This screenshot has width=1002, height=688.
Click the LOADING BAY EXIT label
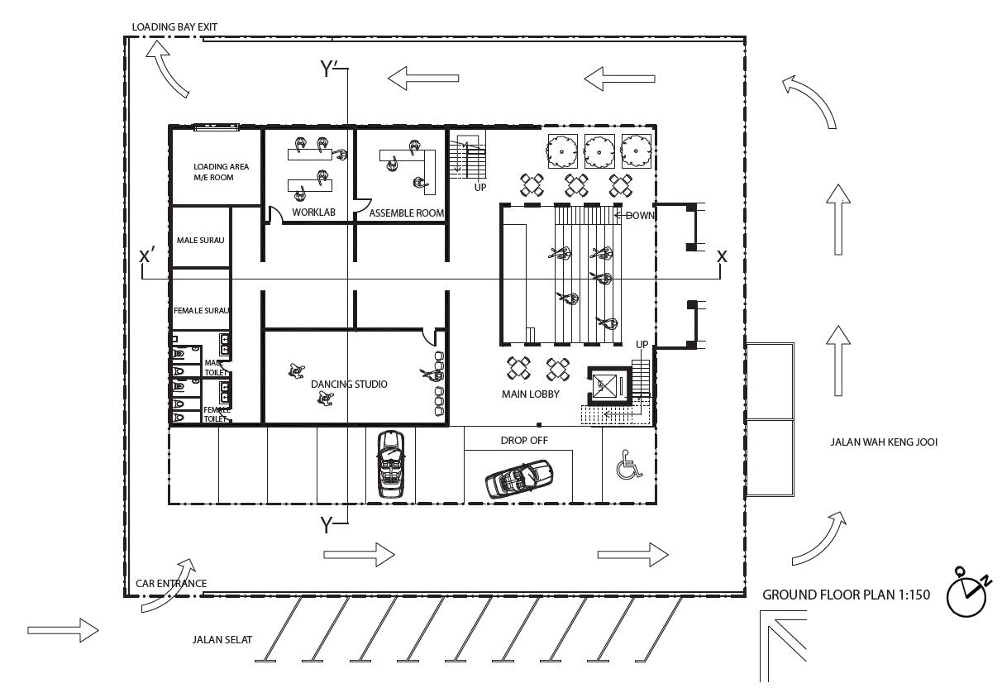click(x=174, y=27)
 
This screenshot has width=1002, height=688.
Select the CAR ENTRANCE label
click(x=171, y=583)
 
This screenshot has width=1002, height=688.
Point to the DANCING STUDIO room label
click(x=349, y=384)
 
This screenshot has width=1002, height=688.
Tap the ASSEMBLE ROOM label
click(x=406, y=213)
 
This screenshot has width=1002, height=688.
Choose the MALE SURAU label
click(x=201, y=241)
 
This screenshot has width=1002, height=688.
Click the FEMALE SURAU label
click(x=202, y=311)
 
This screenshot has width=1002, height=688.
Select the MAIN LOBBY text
click(x=531, y=394)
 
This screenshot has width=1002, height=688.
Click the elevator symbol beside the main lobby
click(x=608, y=385)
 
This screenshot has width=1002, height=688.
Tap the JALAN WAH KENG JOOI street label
click(x=884, y=442)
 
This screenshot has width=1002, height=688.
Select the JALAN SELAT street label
click(x=222, y=638)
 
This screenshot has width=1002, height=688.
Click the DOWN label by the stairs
click(x=640, y=215)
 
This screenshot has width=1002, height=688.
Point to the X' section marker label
click(x=149, y=255)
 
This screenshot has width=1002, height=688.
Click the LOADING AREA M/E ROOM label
click(x=221, y=171)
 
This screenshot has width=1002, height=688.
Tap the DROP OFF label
click(x=524, y=440)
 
